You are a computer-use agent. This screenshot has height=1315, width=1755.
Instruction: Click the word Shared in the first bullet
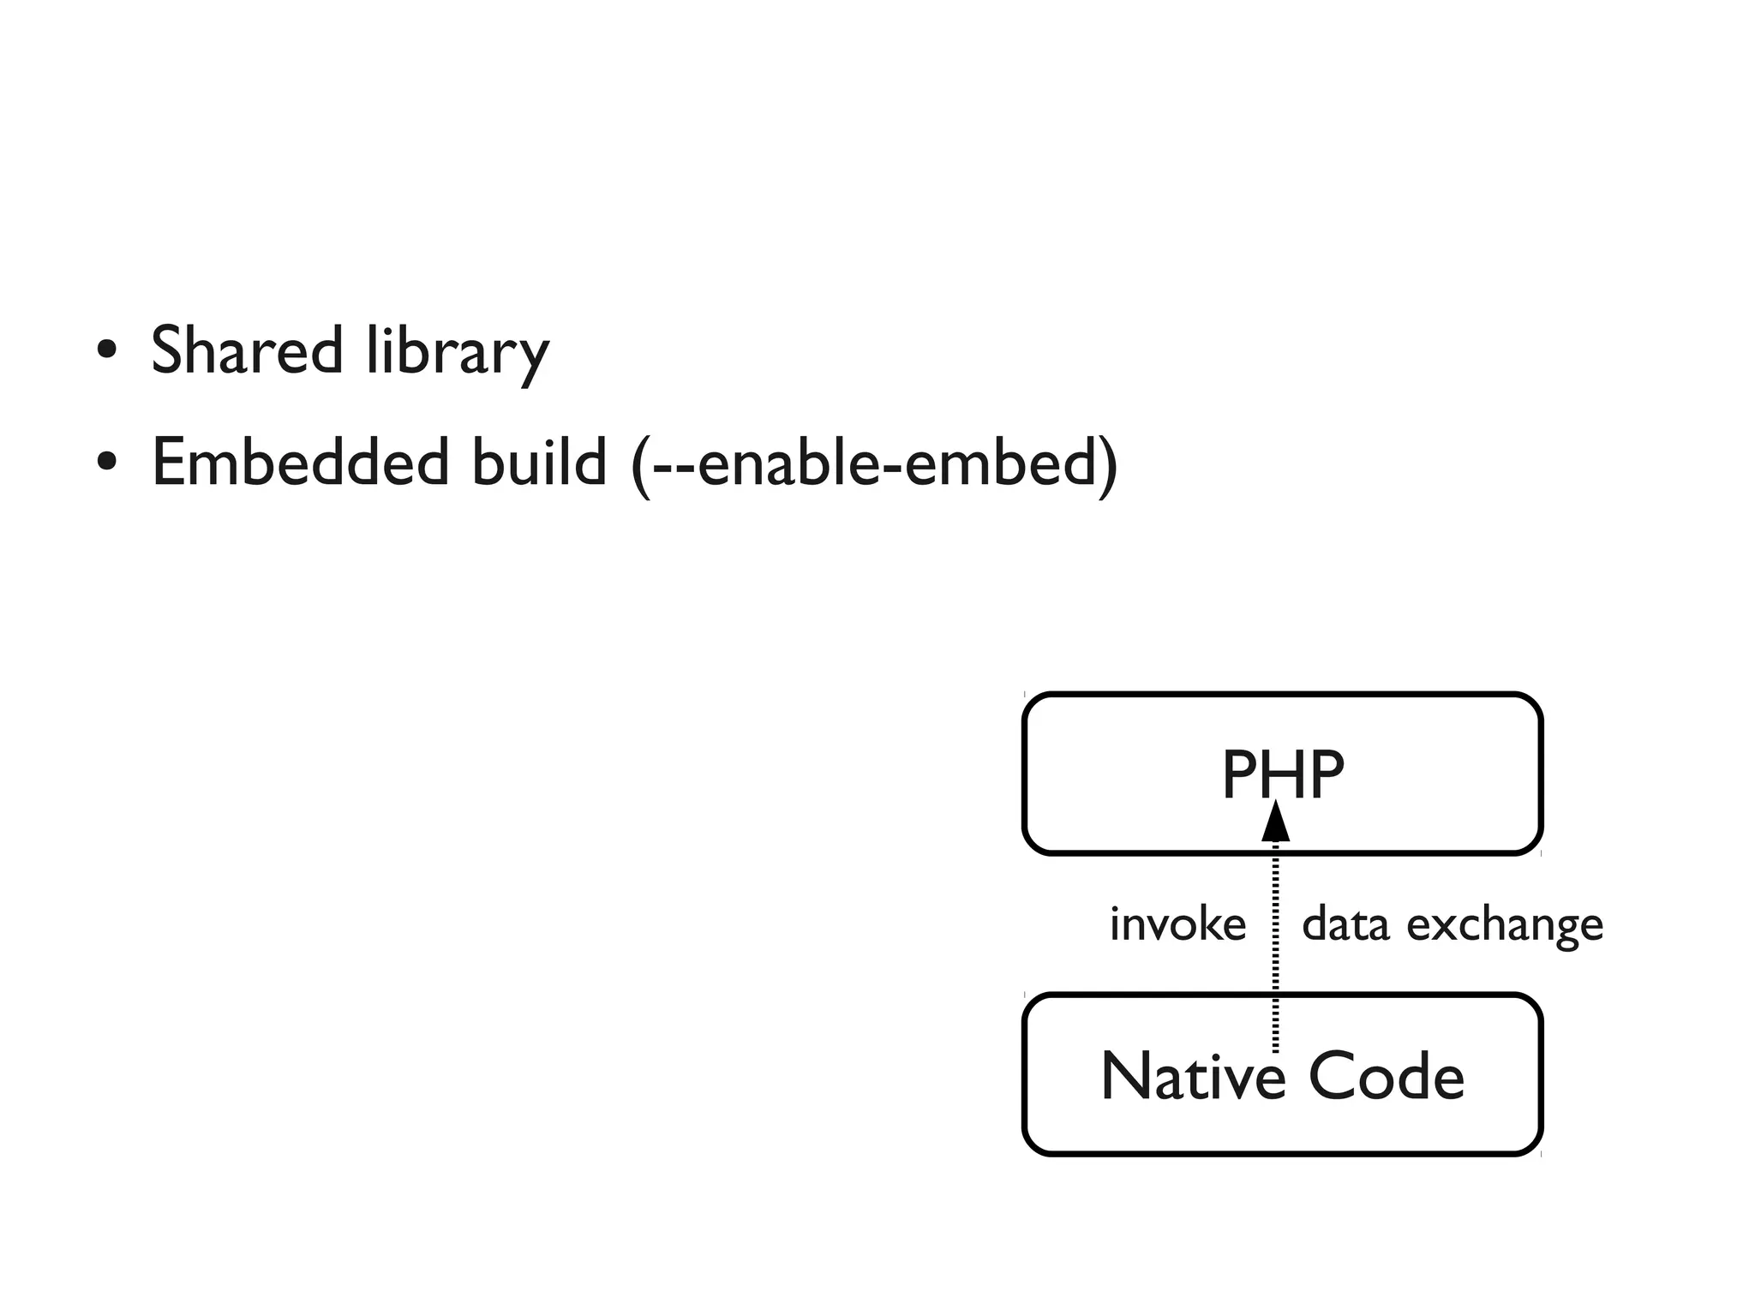coord(247,350)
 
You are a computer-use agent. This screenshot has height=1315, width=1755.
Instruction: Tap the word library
coord(457,350)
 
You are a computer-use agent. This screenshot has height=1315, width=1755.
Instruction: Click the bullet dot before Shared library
coord(106,350)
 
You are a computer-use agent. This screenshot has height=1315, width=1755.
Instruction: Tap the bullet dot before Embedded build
coord(106,463)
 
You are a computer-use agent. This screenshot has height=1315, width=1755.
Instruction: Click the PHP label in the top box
coord(1282,774)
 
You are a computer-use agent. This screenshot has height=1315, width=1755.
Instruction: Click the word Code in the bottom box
coord(1387,1076)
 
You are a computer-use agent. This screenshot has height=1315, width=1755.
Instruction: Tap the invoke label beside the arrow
coord(1177,925)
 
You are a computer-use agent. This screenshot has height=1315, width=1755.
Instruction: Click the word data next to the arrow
coord(1345,925)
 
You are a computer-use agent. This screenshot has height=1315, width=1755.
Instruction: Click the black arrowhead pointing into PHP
coord(1275,822)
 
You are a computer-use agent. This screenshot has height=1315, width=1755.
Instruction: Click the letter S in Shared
coord(169,350)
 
